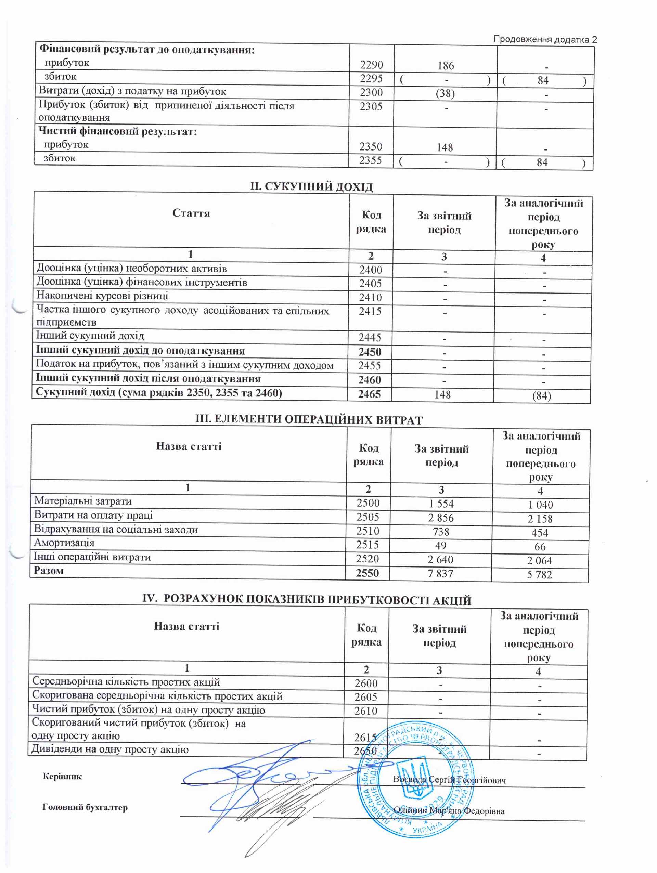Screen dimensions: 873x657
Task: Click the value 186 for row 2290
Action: [446, 66]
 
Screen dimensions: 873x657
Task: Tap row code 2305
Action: [371, 107]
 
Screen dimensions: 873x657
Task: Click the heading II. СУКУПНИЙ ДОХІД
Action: [311, 186]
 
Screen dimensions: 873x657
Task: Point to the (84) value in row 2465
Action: [541, 395]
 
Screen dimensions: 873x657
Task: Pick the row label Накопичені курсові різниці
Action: [102, 296]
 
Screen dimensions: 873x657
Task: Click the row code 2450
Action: [370, 352]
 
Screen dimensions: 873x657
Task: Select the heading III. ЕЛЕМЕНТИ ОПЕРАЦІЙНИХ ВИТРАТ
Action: [309, 419]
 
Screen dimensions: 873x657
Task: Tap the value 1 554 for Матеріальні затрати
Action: [441, 504]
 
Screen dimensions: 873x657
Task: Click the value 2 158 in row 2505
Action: [540, 519]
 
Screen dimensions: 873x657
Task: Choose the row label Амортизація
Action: [64, 543]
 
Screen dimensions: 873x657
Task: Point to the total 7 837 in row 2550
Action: [440, 573]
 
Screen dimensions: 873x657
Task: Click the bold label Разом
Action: [49, 571]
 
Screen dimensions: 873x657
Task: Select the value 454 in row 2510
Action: [539, 533]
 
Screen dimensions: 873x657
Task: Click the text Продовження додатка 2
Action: [545, 39]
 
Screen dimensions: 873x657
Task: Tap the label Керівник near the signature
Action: [62, 777]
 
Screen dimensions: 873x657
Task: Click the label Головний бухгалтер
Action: [85, 807]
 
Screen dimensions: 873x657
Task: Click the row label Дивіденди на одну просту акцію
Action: [110, 750]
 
